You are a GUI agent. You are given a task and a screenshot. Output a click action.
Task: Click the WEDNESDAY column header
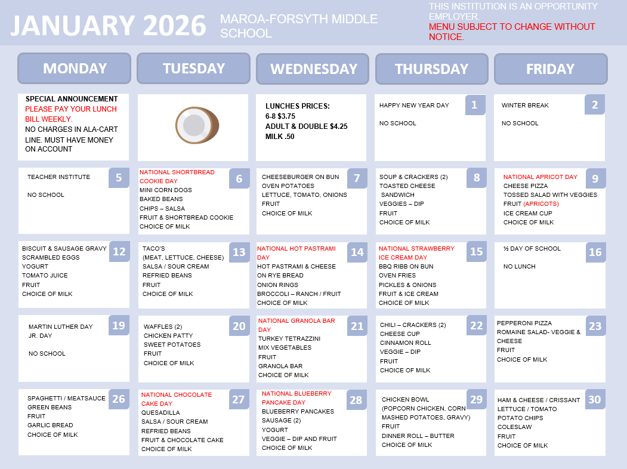pyautogui.click(x=313, y=69)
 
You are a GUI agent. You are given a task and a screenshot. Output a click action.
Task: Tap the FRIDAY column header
pyautogui.click(x=550, y=69)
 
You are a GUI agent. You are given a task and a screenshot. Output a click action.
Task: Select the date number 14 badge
pyautogui.click(x=357, y=252)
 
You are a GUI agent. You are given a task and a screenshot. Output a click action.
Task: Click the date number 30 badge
pyautogui.click(x=594, y=400)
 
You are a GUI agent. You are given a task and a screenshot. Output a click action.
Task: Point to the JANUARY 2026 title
pyautogui.click(x=108, y=26)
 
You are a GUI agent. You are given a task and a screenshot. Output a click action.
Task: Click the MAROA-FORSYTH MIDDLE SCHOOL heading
pyautogui.click(x=298, y=26)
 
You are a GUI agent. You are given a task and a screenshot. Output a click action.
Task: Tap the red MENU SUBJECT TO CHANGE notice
pyautogui.click(x=511, y=32)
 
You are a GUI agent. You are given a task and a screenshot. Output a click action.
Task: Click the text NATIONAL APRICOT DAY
pyautogui.click(x=540, y=177)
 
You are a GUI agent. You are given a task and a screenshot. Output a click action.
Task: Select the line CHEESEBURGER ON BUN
pyautogui.click(x=300, y=177)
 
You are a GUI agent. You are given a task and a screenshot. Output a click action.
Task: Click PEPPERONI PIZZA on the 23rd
pyautogui.click(x=524, y=323)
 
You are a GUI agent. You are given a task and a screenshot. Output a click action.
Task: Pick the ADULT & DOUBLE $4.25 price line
pyautogui.click(x=306, y=126)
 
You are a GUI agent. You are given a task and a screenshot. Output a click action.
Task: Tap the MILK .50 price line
pyautogui.click(x=280, y=137)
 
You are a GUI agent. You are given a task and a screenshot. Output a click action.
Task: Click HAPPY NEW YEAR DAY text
pyautogui.click(x=414, y=105)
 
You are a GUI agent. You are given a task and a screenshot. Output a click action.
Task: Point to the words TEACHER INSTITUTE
pyautogui.click(x=58, y=177)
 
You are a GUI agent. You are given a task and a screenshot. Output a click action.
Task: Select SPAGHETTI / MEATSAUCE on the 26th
pyautogui.click(x=66, y=398)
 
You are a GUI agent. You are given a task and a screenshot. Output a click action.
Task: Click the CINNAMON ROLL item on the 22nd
pyautogui.click(x=404, y=343)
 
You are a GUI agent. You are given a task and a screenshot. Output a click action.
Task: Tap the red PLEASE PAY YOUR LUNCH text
pyautogui.click(x=70, y=109)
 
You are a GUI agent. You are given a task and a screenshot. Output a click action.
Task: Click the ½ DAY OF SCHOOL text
pyautogui.click(x=532, y=248)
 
